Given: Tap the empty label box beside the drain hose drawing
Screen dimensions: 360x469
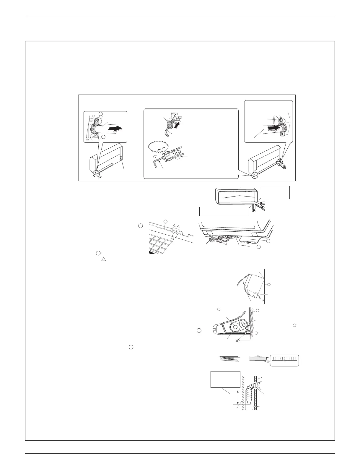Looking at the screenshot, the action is tap(224, 379).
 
